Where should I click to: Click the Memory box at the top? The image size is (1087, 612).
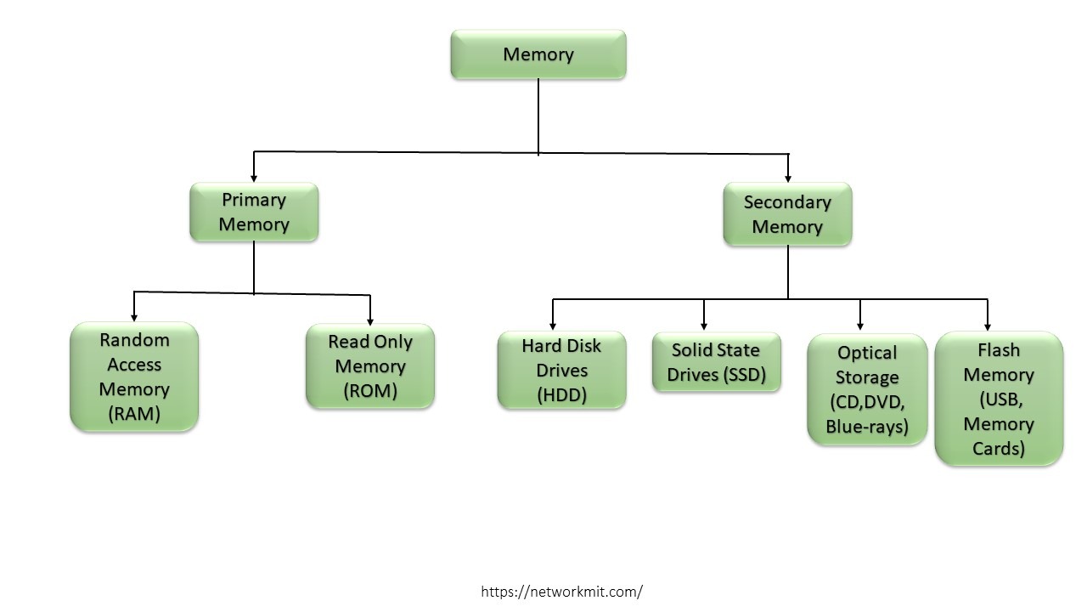pyautogui.click(x=538, y=54)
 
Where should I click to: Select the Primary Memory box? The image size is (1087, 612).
pyautogui.click(x=254, y=212)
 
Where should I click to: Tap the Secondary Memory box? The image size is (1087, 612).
pyautogui.click(x=787, y=214)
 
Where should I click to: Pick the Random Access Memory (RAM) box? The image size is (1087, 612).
pyautogui.click(x=134, y=377)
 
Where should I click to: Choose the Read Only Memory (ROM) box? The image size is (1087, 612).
pyautogui.click(x=370, y=366)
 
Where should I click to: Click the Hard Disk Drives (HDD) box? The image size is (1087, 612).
pyautogui.click(x=561, y=371)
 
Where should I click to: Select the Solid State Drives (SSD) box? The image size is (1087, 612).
pyautogui.click(x=716, y=362)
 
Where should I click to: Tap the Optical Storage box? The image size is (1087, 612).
pyautogui.click(x=867, y=389)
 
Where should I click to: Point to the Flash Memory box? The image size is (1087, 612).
pyautogui.click(x=999, y=399)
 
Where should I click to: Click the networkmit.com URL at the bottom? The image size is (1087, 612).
pyautogui.click(x=561, y=592)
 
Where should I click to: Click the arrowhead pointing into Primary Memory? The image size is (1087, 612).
pyautogui.click(x=254, y=178)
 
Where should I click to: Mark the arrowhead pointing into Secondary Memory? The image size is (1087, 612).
pyautogui.click(x=788, y=178)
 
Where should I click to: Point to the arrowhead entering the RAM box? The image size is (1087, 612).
pyautogui.click(x=134, y=316)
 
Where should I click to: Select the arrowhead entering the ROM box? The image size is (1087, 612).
pyautogui.click(x=370, y=320)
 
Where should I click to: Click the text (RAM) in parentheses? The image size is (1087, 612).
pyautogui.click(x=134, y=414)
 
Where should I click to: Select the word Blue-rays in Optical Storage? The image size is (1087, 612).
pyautogui.click(x=867, y=426)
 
